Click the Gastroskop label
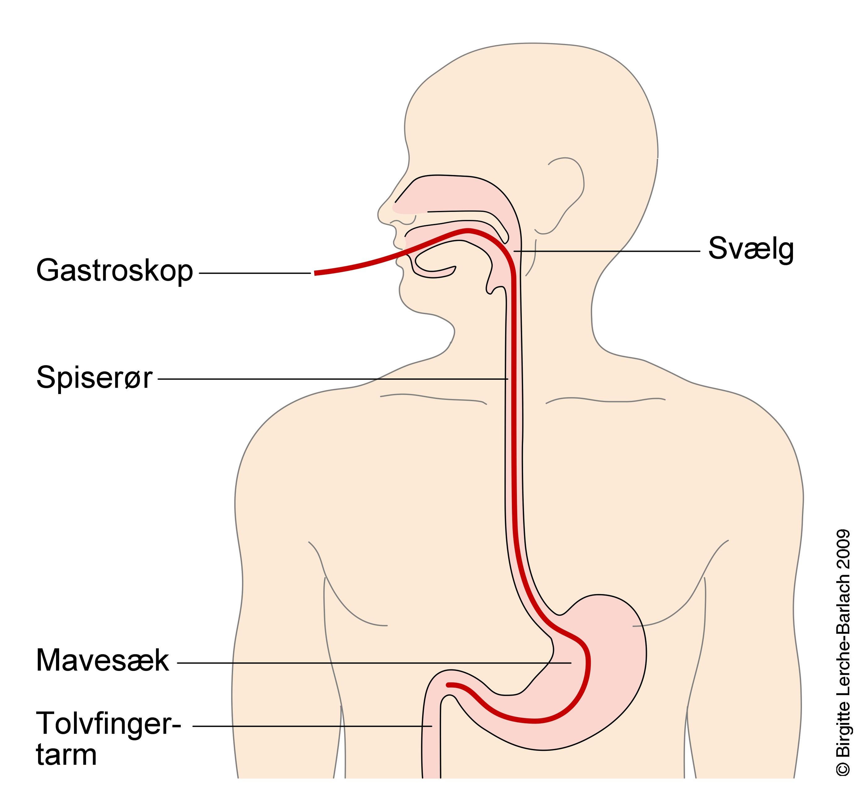(x=114, y=271)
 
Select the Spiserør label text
(x=94, y=378)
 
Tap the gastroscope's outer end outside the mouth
(x=315, y=273)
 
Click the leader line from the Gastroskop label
(x=255, y=273)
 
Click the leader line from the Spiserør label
(x=331, y=379)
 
